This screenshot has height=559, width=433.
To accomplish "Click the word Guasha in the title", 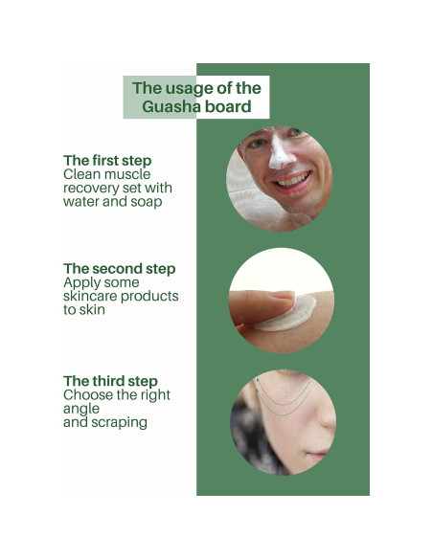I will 168,106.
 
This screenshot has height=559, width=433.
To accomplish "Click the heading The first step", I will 107,160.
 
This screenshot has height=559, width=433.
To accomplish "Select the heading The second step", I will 120,269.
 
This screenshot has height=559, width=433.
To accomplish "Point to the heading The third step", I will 110,381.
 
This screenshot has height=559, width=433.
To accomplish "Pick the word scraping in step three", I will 119,422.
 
